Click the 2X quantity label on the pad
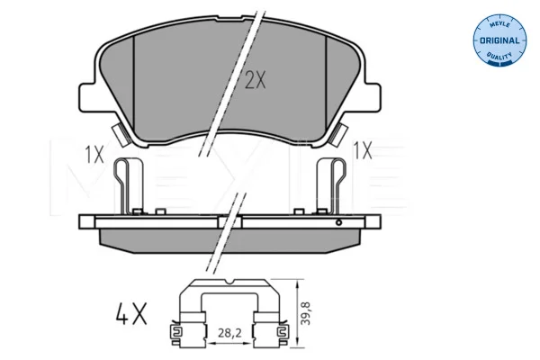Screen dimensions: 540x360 (256, 79)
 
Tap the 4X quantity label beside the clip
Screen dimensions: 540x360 (131, 313)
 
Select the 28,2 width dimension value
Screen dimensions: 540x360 (229, 333)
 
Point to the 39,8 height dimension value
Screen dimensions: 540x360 (306, 313)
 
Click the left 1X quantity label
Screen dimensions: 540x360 (94, 154)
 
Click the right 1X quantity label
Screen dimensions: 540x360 (363, 151)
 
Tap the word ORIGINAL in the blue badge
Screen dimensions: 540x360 (499, 40)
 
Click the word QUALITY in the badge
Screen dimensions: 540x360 (499, 55)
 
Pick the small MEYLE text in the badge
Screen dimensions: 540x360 (499, 26)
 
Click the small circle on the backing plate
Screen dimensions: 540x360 (339, 222)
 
